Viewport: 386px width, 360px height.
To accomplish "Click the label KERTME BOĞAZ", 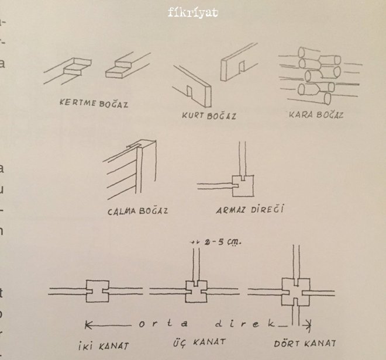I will coord(94,105).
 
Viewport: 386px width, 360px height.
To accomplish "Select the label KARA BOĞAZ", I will coord(316,115).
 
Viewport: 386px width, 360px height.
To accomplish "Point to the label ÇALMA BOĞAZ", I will coord(137,210).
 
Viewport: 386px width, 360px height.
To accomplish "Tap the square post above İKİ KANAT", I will coord(98,290).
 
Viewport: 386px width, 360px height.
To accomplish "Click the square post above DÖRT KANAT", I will coord(295,291).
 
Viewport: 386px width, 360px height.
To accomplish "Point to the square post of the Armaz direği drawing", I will coord(244,184).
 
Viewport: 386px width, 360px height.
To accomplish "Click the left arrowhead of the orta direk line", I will coord(88,323).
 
